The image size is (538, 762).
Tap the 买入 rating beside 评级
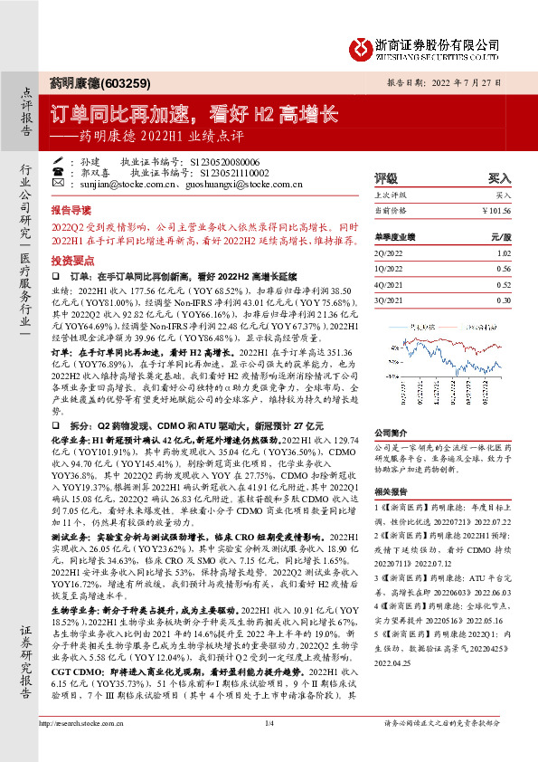click(498, 178)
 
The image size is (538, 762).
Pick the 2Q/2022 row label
click(389, 252)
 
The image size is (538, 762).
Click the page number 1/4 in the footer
click(269, 748)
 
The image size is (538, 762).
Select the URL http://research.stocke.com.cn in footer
click(86, 748)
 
